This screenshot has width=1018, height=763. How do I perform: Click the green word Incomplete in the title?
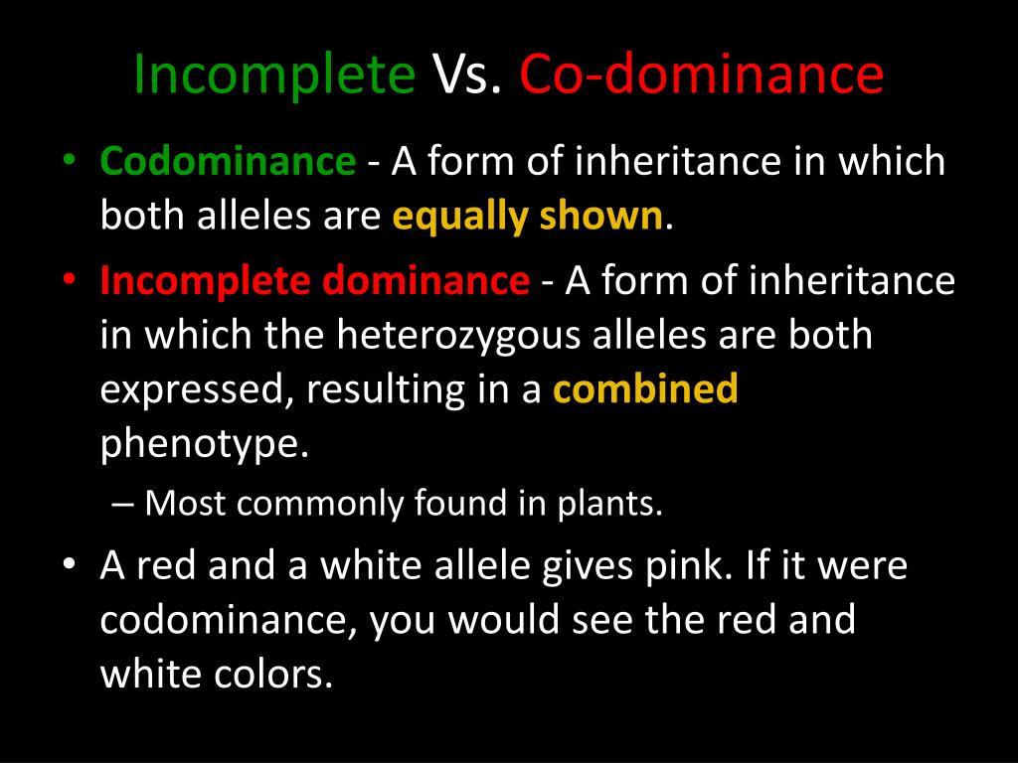[274, 75]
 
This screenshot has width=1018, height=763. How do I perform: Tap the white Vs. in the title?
[467, 74]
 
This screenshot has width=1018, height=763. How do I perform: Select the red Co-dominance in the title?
[701, 73]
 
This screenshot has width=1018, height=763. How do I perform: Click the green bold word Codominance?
[228, 160]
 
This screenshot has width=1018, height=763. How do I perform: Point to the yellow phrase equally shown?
[528, 216]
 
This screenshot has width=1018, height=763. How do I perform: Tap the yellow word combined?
[645, 388]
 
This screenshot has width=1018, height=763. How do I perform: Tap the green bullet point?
[71, 160]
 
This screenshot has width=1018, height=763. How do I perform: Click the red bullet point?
[71, 279]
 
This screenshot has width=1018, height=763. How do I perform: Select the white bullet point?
[71, 564]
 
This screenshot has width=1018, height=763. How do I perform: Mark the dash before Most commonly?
[122, 504]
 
